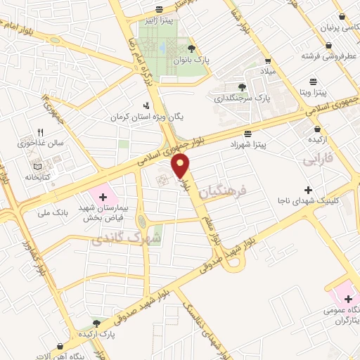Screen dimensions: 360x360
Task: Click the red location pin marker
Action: [181, 165]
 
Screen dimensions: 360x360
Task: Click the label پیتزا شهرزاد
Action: [247, 143]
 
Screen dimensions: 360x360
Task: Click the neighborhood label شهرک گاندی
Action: [126, 239]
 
